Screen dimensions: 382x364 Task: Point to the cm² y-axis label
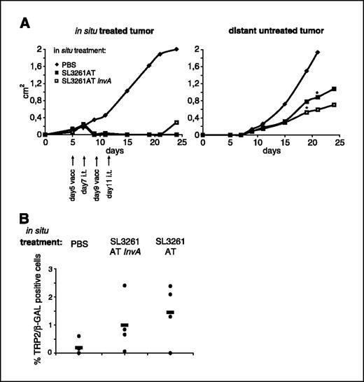[x=21, y=91]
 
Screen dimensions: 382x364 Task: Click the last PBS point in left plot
[x=176, y=49]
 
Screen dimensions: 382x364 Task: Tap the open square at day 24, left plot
[x=176, y=122]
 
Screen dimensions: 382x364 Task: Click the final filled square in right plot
[x=334, y=89]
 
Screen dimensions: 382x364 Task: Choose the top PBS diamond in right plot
[x=318, y=53]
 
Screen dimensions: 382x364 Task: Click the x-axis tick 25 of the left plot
[x=181, y=142]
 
